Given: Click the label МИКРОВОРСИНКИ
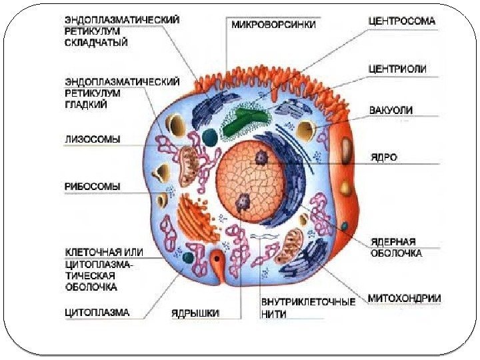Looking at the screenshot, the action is point(273,25).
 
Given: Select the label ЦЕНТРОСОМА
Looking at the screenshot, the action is point(402,21).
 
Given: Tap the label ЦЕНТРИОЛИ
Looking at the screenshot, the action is point(398,69).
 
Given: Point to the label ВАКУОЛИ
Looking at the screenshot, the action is point(391,109).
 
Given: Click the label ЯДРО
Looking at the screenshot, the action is point(384,158).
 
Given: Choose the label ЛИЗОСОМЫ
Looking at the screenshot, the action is point(93,140).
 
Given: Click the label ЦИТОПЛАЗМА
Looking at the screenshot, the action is point(97,311).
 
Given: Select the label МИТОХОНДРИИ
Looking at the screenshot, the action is point(404,298).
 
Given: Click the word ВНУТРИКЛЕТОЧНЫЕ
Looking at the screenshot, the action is point(308,301).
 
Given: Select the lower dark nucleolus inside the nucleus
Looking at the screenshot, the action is point(243,199).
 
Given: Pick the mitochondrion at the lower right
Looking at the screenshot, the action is point(291,245).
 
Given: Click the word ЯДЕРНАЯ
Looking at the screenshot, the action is point(393,241).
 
